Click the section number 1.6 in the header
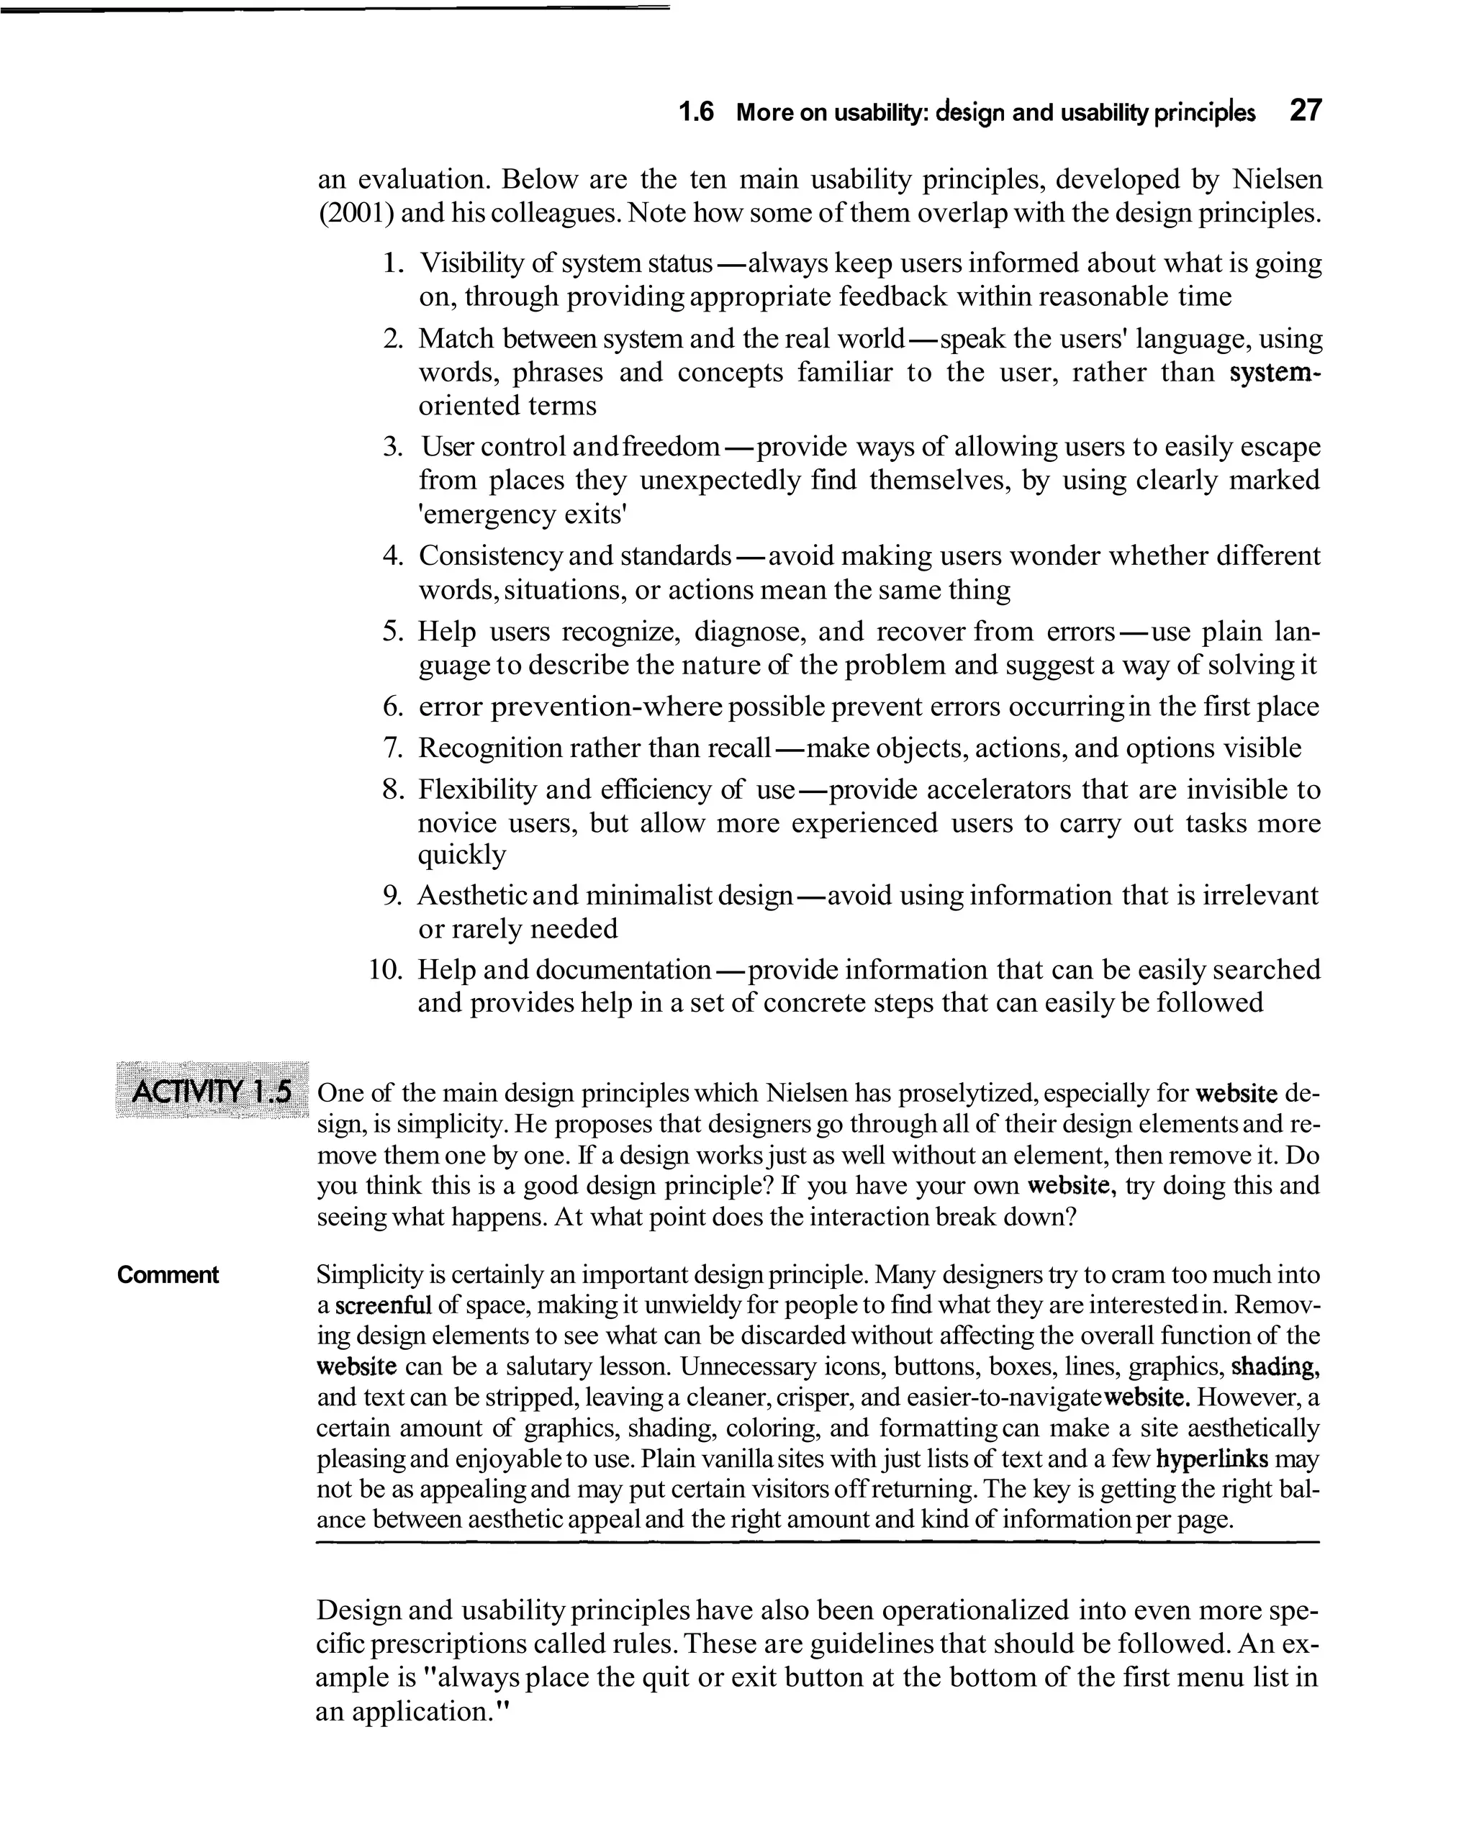click(695, 112)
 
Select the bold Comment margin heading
click(168, 1275)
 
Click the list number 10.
click(385, 969)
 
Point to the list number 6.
click(392, 707)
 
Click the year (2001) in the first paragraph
click(356, 212)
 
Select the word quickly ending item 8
click(461, 855)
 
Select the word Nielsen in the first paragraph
click(1276, 180)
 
